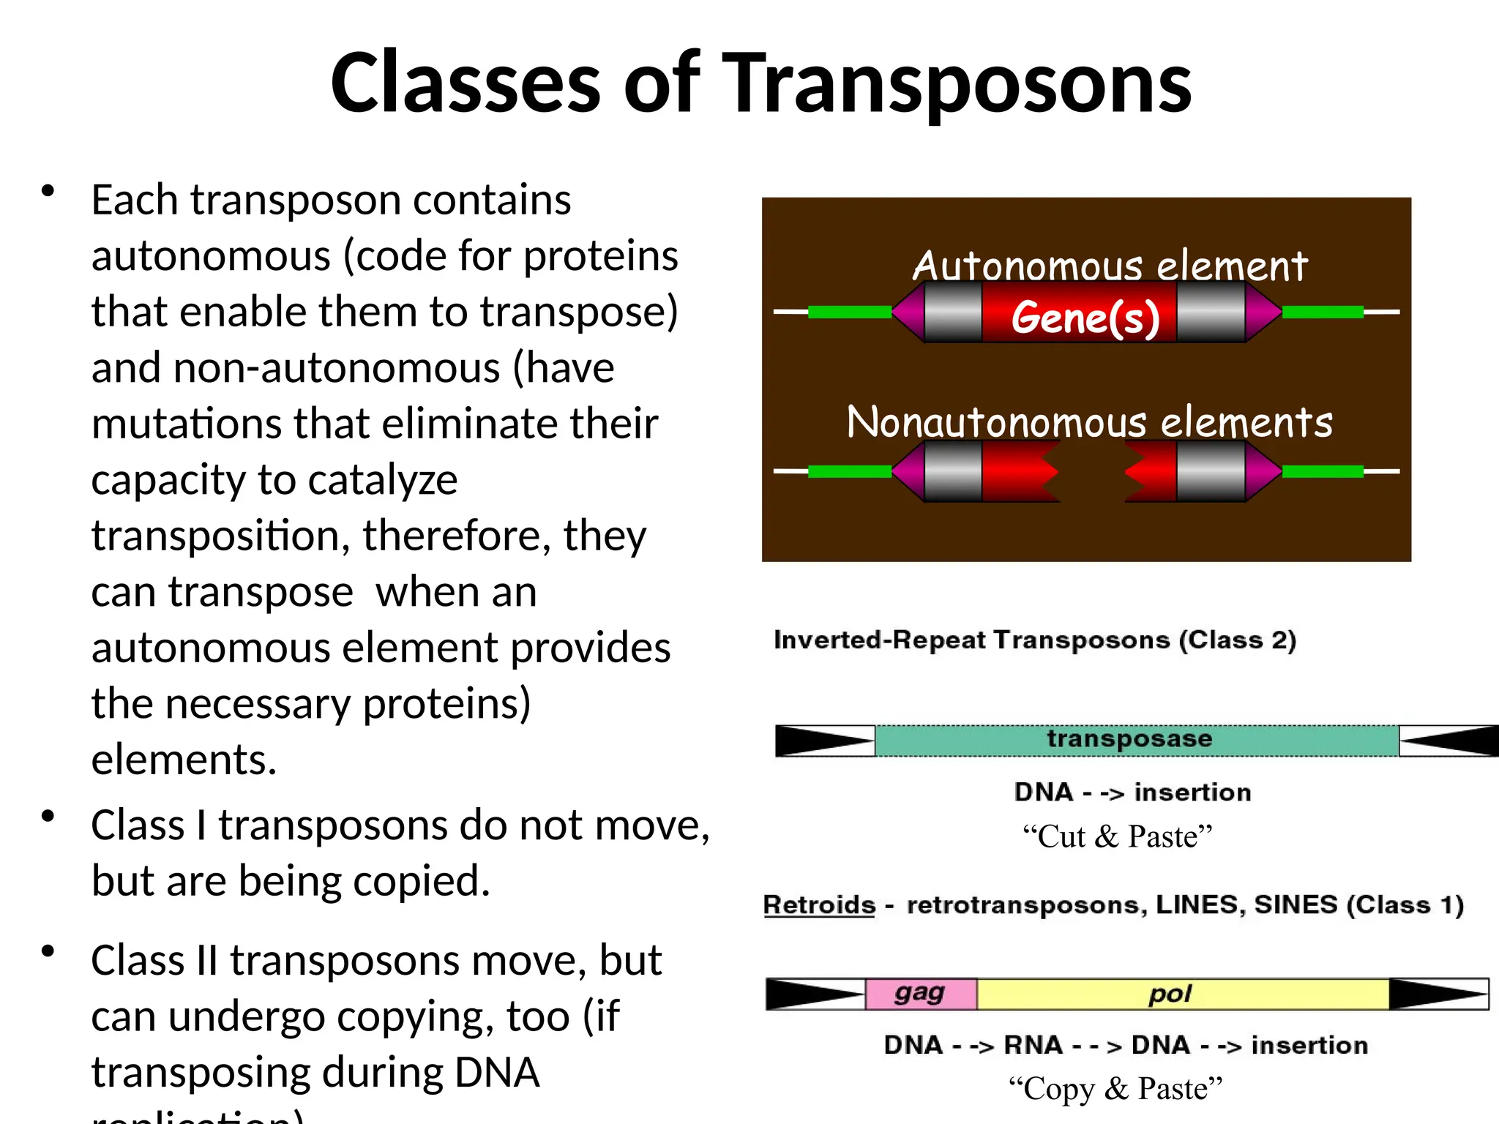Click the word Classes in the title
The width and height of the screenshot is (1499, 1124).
pos(466,84)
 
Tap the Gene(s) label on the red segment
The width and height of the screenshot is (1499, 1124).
pos(1085,318)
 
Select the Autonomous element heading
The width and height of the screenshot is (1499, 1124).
pos(1109,265)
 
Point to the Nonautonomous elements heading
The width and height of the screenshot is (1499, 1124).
pos(1089,422)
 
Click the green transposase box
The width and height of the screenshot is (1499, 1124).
pos(1136,741)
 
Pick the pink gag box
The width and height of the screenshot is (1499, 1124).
pos(920,994)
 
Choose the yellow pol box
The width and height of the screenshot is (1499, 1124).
pos(1171,994)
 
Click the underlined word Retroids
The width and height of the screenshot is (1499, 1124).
pos(819,905)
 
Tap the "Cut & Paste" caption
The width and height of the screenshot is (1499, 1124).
pos(1117,836)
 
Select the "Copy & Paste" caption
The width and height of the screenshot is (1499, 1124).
pos(1115,1088)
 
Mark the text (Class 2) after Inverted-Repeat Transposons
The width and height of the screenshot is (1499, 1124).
pos(1237,640)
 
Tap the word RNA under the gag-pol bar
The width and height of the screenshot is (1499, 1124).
pos(1033,1045)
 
